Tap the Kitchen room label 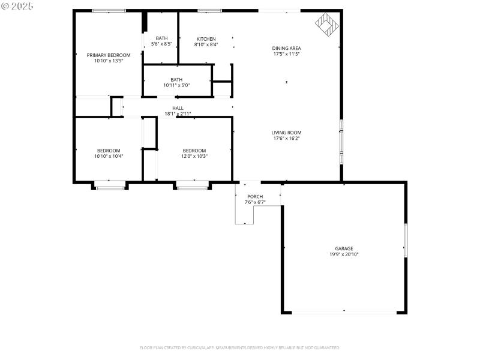point(206,39)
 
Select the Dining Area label point(286,48)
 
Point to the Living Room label point(286,133)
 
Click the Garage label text point(344,248)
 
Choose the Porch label point(255,196)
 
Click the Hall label point(178,108)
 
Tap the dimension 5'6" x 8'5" point(161,44)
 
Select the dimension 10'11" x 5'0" point(176,85)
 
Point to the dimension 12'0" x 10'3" point(194,157)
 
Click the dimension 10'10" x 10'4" point(109,157)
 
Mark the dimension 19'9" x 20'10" point(344,254)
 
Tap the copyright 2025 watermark point(17,5)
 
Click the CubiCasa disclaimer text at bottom point(240,347)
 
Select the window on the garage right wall point(406,241)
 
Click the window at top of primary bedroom point(109,10)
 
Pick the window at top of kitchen point(209,10)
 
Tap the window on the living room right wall point(341,142)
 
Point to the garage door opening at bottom point(344,312)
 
